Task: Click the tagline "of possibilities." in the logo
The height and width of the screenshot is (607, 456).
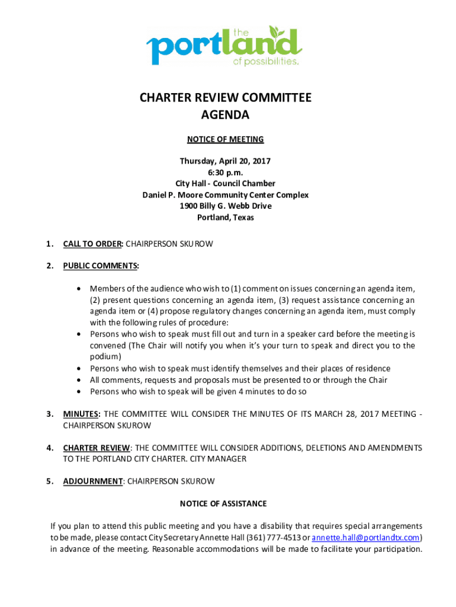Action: tap(265, 61)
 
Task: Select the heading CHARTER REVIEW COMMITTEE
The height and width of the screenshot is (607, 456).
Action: tap(225, 98)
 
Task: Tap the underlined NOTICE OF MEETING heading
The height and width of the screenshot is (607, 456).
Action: tap(225, 140)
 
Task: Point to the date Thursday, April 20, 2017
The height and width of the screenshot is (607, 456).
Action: tap(225, 161)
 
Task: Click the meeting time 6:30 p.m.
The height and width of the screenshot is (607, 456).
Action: tap(225, 172)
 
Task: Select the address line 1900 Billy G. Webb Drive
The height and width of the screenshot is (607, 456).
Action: tap(225, 206)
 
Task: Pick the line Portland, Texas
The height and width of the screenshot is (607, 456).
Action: tap(225, 218)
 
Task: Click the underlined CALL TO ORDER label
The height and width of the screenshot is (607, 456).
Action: tap(92, 244)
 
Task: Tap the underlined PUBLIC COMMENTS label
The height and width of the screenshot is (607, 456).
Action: tap(101, 266)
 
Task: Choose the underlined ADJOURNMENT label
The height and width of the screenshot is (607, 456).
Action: tap(92, 481)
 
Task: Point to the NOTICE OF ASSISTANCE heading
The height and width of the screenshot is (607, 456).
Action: tap(223, 504)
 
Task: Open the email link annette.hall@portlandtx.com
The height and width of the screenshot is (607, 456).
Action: tap(366, 538)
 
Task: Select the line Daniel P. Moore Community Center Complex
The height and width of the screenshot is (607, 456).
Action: tap(225, 195)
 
